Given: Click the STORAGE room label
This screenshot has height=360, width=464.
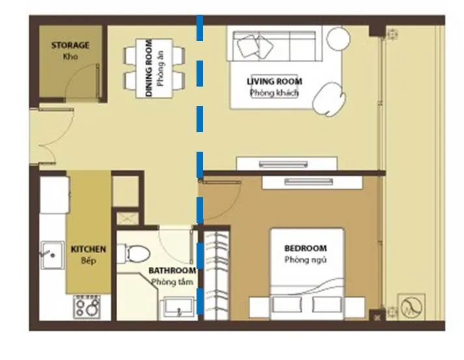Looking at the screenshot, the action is [x=70, y=46].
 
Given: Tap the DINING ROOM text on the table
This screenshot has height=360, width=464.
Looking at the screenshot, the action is [x=149, y=68].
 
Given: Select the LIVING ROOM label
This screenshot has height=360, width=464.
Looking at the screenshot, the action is [x=275, y=81].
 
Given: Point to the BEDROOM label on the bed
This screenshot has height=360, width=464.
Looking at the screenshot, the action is [x=305, y=248].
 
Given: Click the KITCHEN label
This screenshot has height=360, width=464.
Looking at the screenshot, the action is [x=89, y=249].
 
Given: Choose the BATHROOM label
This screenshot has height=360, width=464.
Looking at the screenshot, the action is [x=172, y=271].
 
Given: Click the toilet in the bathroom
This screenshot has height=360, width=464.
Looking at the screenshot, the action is [x=134, y=253].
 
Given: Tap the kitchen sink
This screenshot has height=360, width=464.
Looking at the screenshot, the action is [x=53, y=255].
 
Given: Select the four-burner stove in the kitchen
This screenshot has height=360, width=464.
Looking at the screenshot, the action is [x=87, y=307].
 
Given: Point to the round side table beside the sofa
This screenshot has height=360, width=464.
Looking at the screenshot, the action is [x=338, y=38].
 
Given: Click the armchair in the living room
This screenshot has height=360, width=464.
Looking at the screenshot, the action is [x=329, y=99].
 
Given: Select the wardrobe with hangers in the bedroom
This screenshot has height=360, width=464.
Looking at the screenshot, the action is [x=217, y=275].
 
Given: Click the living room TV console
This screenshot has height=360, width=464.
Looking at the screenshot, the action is [x=286, y=163].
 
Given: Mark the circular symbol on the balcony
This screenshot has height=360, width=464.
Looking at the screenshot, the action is [x=411, y=307].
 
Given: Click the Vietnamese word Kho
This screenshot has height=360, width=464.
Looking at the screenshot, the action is [x=70, y=57].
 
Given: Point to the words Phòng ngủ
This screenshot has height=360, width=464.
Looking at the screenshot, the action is [x=305, y=260].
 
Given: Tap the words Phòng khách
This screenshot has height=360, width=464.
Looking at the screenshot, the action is [x=275, y=93].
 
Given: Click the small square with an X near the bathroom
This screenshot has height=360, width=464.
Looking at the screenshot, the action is [x=128, y=219].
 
